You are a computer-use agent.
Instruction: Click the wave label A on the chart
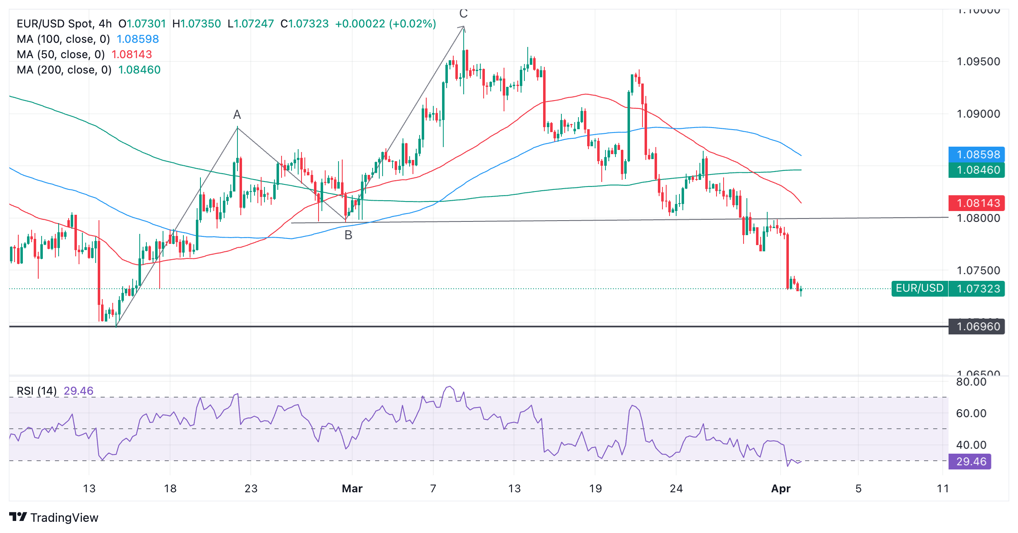[237, 115]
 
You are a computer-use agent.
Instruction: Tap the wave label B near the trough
[348, 235]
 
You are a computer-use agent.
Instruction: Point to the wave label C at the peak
[463, 14]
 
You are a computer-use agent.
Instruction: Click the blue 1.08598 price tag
[976, 155]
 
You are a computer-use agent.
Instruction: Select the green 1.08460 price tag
[976, 170]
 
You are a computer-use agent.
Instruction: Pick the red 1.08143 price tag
[976, 203]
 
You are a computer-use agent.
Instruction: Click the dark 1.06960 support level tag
[976, 327]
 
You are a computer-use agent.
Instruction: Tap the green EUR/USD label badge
[919, 288]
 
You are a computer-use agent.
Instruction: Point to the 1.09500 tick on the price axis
[978, 62]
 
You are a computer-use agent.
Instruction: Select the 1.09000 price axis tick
[978, 114]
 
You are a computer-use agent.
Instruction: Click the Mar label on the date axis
[352, 489]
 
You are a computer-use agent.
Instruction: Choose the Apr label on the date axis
[781, 489]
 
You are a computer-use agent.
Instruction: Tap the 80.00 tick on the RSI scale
[971, 382]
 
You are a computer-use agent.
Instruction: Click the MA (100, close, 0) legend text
[63, 39]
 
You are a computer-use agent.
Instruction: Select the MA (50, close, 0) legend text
[61, 54]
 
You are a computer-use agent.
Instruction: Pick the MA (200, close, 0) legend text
[64, 70]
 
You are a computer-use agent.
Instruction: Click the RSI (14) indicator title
[37, 391]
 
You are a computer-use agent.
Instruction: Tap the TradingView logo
[54, 517]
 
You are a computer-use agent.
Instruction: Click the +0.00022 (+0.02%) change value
[385, 24]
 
